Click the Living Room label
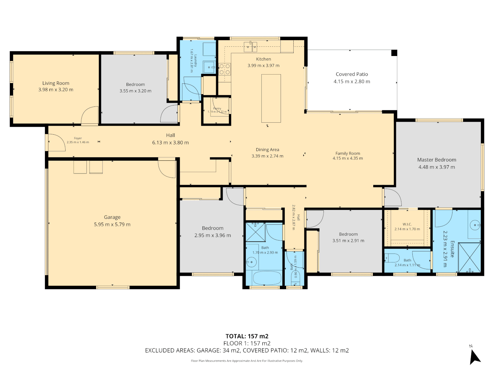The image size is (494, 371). coord(56,83)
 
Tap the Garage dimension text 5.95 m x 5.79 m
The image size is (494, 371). coord(112,225)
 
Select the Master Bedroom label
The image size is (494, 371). coord(436,160)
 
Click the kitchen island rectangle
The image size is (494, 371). coord(271,98)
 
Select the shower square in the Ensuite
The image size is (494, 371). coord(469,258)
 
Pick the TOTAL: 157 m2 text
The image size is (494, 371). coord(247,336)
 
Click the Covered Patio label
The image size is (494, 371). coord(352,74)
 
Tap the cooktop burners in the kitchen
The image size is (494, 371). coord(225,69)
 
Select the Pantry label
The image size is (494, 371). coord(217,109)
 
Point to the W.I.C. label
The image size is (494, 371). coord(407,224)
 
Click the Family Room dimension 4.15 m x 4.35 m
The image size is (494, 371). coord(348,158)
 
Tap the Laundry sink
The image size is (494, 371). coord(209,67)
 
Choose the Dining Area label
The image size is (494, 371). coord(267,150)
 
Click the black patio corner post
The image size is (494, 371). coord(394,53)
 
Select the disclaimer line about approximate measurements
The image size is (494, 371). coord(247,361)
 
